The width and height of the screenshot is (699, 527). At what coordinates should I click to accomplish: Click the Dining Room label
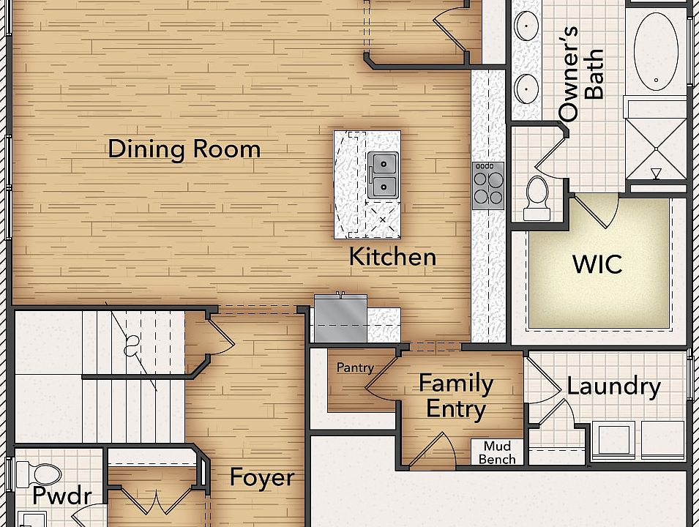click(x=184, y=149)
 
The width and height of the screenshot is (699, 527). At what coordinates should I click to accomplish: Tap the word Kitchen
click(x=392, y=257)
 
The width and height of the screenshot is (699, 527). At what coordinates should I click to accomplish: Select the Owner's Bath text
click(x=582, y=74)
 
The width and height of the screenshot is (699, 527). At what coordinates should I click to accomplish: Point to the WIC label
click(x=597, y=263)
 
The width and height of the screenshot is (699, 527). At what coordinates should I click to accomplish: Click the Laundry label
click(x=613, y=386)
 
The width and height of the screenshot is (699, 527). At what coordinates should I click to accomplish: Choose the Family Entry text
click(x=455, y=396)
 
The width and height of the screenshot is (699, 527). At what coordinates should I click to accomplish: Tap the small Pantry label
click(x=355, y=367)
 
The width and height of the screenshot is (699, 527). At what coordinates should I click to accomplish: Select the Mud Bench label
click(x=497, y=453)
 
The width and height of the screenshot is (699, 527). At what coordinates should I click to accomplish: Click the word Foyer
click(x=262, y=477)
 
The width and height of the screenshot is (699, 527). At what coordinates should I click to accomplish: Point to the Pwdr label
click(x=61, y=496)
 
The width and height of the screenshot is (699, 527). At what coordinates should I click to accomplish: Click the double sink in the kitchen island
click(x=382, y=175)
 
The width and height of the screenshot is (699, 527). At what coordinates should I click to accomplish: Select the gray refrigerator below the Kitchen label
click(x=340, y=318)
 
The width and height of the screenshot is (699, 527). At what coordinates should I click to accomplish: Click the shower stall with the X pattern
click(x=656, y=146)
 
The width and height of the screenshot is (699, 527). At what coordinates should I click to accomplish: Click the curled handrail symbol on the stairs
click(x=132, y=343)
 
